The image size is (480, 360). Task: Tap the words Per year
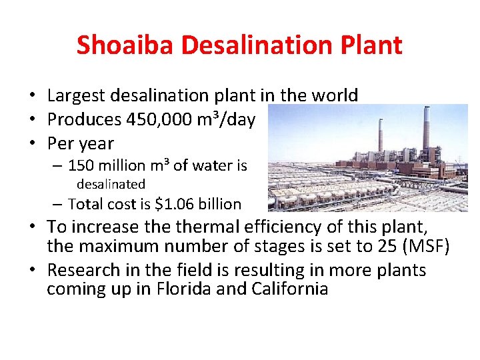coord(81,143)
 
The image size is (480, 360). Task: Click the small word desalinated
coord(111,184)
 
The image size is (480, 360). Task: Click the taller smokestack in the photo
coord(426,133)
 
